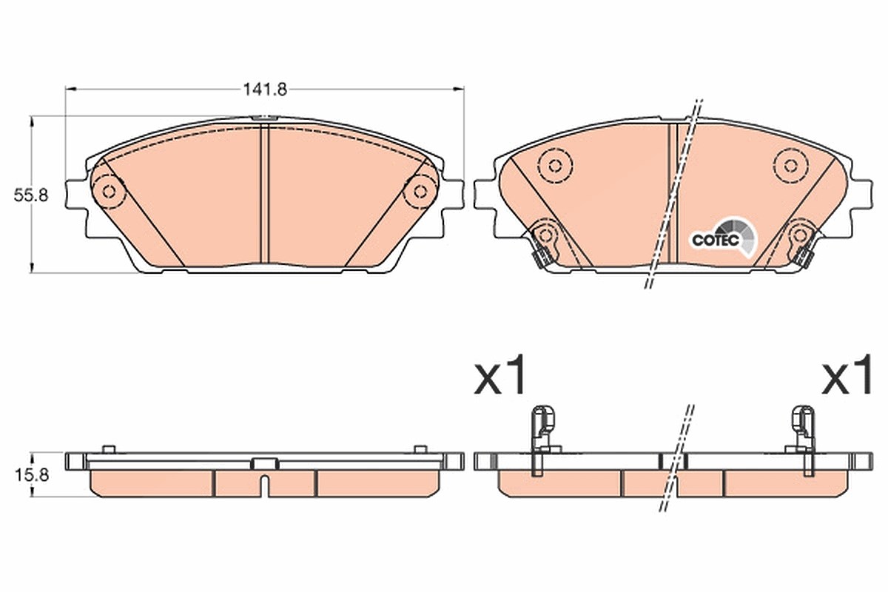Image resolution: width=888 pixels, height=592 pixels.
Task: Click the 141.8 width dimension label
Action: (x=264, y=90)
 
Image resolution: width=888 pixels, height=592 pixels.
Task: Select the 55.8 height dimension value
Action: (x=31, y=195)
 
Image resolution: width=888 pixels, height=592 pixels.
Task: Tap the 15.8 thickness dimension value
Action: (x=32, y=474)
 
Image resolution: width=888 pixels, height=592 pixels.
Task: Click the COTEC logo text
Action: (x=716, y=240)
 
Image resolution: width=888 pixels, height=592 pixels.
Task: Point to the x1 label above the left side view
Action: (x=499, y=374)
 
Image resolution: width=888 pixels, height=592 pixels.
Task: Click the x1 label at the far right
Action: (x=847, y=374)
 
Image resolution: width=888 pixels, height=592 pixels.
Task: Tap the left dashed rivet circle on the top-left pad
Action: (x=109, y=192)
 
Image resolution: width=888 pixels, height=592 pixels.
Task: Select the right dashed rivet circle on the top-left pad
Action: (x=420, y=192)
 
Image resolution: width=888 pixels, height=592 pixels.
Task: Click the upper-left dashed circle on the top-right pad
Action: (x=556, y=166)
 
